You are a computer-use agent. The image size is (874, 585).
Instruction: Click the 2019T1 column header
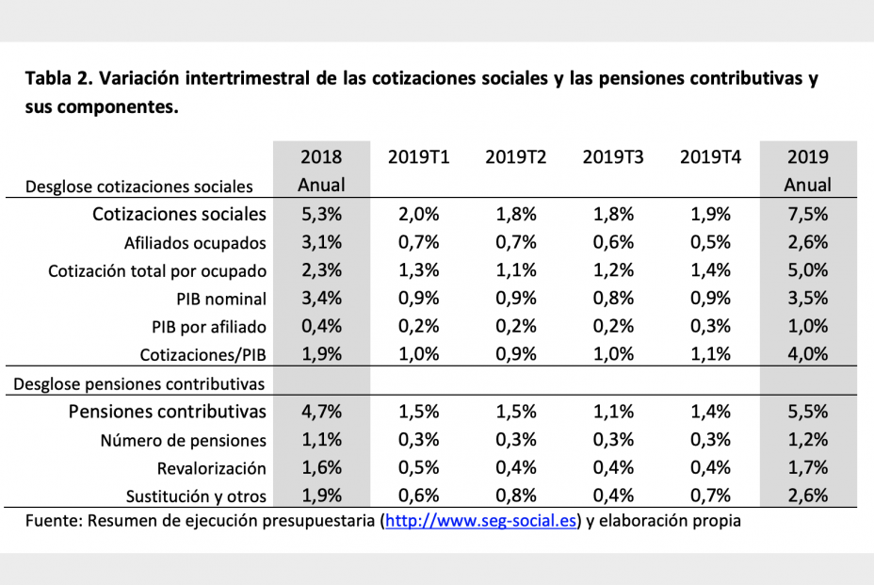pos(418,157)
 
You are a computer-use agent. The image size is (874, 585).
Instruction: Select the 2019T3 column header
pos(613,157)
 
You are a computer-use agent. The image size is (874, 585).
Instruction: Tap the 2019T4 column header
pos(710,157)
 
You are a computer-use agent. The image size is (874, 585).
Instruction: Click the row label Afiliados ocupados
pos(195,243)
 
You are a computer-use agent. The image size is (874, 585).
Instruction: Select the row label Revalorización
pos(211,468)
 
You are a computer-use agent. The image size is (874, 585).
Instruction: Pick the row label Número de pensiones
pos(183,440)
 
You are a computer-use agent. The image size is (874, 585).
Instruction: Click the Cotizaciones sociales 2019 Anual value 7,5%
pos(807,214)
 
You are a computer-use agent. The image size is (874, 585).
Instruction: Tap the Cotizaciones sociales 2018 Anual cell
pos(321,214)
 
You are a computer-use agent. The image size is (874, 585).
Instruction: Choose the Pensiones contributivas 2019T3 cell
pos(613,412)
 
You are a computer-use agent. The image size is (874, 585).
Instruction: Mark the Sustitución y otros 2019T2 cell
pos(515,496)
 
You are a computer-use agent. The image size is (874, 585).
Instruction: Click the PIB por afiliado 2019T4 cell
pos(710,327)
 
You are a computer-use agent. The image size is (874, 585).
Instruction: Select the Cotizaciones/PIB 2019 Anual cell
pos(807,355)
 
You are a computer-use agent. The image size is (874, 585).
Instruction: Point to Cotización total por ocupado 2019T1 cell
pos(418,271)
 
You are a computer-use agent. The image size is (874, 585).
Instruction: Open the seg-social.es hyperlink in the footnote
pos(480,521)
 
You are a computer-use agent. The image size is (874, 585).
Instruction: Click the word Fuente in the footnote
pos(53,521)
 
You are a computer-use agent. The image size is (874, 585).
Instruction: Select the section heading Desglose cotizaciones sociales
pos(139,187)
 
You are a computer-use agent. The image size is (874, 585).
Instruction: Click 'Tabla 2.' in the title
pos(58,77)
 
